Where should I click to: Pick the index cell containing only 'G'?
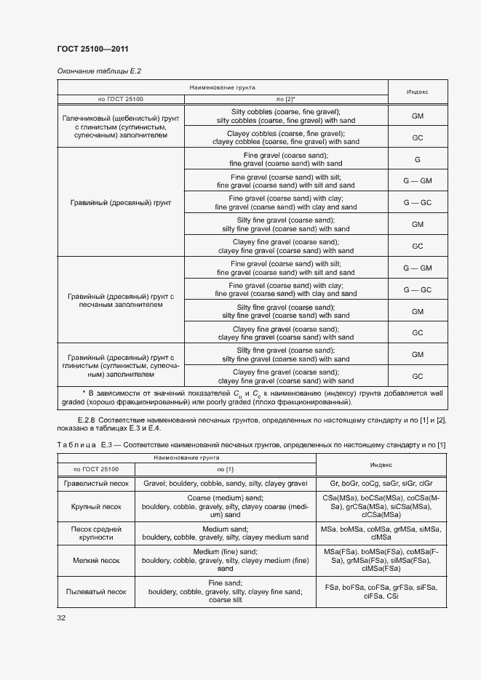point(417,159)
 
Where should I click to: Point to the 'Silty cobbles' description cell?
point(285,116)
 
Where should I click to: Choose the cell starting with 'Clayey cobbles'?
point(285,137)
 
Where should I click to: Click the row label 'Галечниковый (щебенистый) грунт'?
point(120,126)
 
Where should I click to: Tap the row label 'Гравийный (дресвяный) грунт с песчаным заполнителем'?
point(120,300)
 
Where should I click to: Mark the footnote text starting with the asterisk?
point(252,397)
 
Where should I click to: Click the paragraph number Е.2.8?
point(86,421)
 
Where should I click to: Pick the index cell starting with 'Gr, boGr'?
point(381,483)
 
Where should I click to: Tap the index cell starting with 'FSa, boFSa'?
point(381,591)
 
